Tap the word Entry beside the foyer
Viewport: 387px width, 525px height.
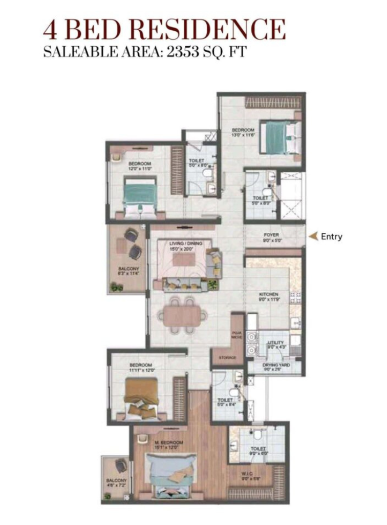[331, 236]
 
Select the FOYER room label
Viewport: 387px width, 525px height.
[271, 235]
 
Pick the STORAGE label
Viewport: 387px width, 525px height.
[227, 357]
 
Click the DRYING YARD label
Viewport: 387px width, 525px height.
[276, 365]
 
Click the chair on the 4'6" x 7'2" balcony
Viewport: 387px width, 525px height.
[121, 466]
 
